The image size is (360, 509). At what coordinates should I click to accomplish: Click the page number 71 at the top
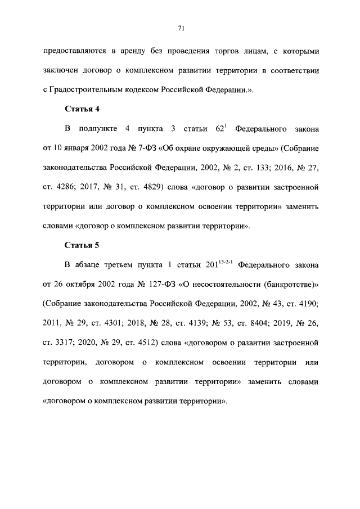(x=180, y=28)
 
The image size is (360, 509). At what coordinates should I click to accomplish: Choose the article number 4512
(x=144, y=342)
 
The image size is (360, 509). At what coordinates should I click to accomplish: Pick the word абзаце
(x=88, y=265)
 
